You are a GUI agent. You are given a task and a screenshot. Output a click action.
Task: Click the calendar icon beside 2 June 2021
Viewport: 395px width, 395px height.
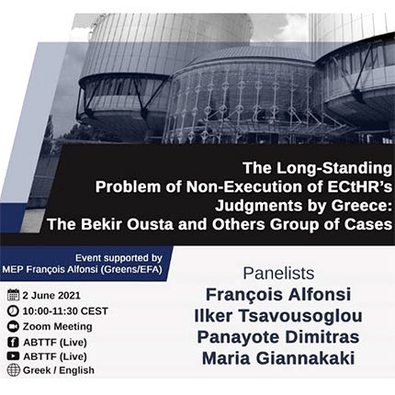click(13, 295)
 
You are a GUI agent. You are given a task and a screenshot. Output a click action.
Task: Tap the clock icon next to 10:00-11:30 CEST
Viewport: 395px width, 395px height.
click(13, 310)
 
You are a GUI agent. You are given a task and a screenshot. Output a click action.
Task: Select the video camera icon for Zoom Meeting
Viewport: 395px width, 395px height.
click(13, 326)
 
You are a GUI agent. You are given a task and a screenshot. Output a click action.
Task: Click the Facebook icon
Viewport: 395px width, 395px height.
click(13, 342)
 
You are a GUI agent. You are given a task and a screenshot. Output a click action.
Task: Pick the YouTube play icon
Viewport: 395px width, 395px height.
click(13, 356)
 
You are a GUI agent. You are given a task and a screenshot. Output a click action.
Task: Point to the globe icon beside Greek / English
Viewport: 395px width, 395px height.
click(13, 370)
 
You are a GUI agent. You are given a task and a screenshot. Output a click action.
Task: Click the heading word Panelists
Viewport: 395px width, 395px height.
click(278, 273)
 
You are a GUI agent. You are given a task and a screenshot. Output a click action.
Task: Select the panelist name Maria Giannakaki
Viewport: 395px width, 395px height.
click(278, 358)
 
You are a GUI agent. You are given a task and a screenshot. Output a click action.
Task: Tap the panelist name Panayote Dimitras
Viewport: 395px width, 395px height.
click(278, 337)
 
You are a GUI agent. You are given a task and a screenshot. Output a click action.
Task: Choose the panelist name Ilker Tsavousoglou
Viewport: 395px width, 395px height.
click(278, 316)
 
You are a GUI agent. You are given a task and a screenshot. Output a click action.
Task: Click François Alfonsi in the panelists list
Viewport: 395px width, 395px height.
click(278, 295)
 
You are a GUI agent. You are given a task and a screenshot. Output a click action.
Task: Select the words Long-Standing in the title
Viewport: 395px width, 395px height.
click(334, 168)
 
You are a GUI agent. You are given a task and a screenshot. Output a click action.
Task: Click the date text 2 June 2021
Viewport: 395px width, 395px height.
click(51, 296)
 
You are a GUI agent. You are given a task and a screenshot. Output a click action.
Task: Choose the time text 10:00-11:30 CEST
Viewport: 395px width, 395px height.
click(65, 311)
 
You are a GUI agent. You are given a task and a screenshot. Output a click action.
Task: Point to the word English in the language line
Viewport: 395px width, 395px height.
click(76, 370)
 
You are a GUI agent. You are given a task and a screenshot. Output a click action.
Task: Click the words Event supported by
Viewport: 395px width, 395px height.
click(118, 258)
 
